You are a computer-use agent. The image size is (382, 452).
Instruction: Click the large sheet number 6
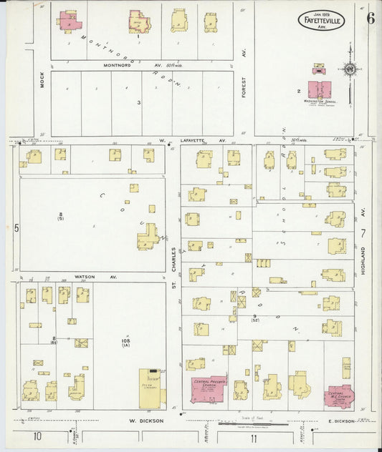click(x=370, y=19)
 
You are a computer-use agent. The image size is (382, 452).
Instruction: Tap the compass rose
click(x=350, y=69)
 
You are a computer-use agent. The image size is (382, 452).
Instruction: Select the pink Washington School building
click(x=321, y=90)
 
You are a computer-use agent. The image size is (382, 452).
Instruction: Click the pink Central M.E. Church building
click(x=338, y=395)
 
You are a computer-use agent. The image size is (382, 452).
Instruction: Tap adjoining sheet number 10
click(x=37, y=437)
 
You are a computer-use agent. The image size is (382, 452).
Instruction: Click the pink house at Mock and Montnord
click(x=69, y=21)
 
